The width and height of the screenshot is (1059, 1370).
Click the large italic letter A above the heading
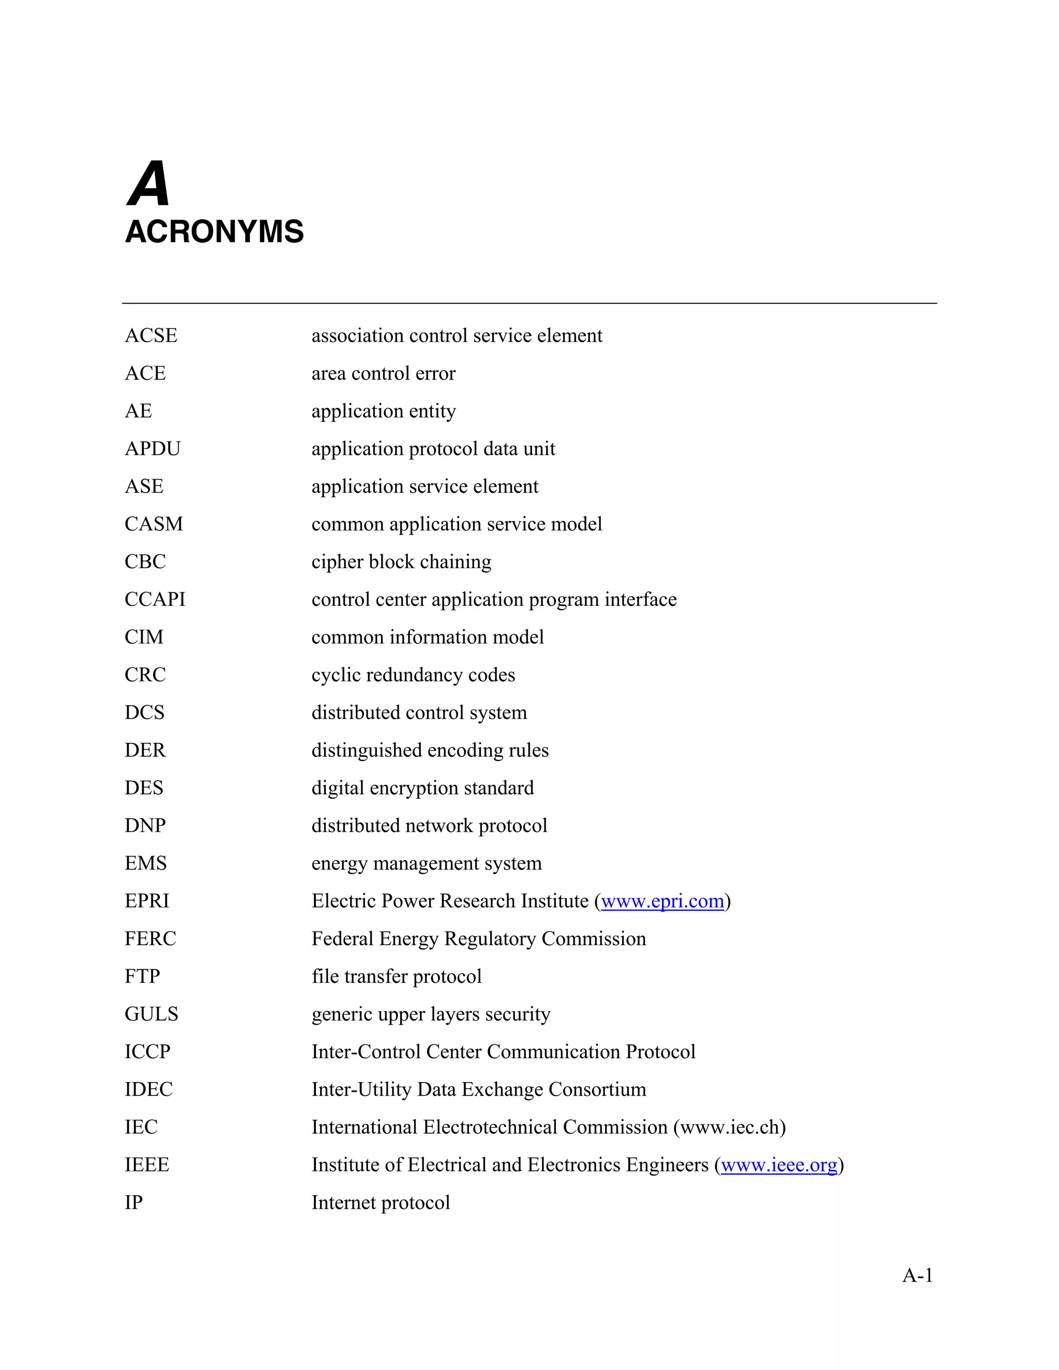pos(149,185)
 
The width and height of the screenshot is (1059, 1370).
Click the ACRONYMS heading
pos(214,232)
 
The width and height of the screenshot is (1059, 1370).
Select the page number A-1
pos(917,1275)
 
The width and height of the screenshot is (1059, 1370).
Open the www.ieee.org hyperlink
pos(779,1165)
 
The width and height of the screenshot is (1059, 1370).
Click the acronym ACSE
pos(150,336)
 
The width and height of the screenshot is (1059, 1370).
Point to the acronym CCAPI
pos(155,599)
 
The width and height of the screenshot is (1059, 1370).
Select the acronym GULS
pos(151,1014)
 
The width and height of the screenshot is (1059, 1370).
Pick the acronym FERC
pos(150,938)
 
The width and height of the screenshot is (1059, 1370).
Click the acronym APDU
pos(153,449)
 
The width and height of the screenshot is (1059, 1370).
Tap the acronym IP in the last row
pos(133,1202)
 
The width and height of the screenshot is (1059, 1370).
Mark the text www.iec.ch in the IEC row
pos(729,1127)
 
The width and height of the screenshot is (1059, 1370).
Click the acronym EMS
pos(145,863)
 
